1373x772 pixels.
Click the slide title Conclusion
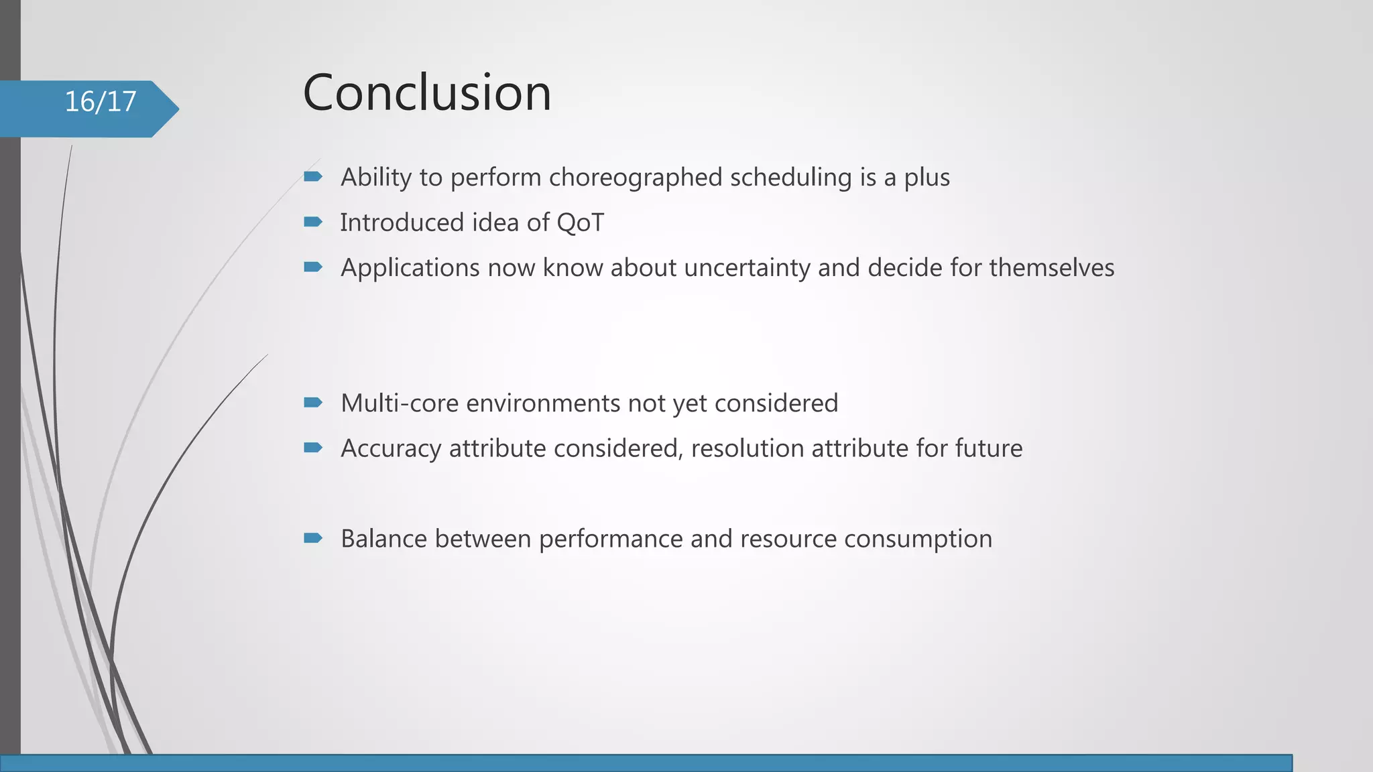[427, 92]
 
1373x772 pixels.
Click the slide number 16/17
[101, 102]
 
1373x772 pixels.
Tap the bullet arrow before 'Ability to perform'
[313, 177]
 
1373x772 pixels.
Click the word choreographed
[636, 178]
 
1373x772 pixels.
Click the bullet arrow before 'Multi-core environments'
[313, 403]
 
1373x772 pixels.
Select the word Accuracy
[391, 449]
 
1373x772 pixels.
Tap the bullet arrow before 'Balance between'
[313, 538]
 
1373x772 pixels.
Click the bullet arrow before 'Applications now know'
[313, 267]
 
